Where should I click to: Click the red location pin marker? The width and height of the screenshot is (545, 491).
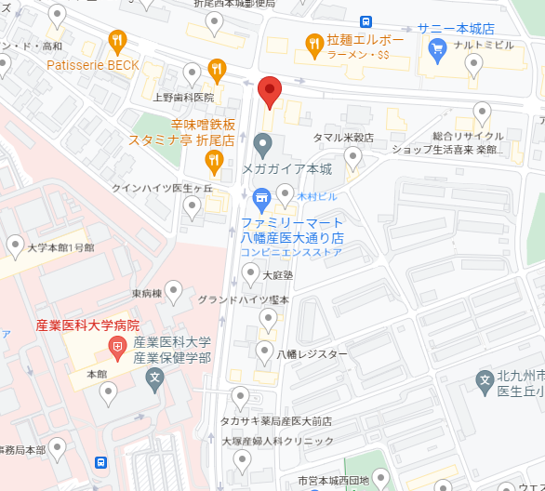tap(269, 91)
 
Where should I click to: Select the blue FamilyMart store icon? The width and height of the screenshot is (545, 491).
tap(261, 197)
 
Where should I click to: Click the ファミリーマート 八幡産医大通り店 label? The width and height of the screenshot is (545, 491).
tap(292, 230)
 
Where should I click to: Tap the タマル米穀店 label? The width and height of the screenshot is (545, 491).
tap(342, 137)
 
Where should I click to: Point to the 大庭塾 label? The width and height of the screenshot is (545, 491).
tap(277, 275)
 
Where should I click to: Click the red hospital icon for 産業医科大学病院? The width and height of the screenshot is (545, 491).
tap(118, 350)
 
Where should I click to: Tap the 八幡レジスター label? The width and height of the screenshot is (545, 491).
tap(311, 354)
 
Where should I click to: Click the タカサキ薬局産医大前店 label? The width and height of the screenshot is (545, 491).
tap(275, 421)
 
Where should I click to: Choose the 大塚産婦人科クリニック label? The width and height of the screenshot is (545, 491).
tap(277, 441)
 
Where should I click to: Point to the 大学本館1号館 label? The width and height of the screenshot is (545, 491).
tap(60, 248)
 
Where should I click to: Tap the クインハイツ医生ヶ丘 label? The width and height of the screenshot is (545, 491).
tap(162, 188)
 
